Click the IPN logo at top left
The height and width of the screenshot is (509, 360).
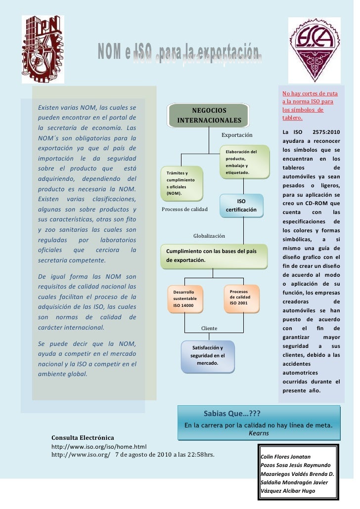42,48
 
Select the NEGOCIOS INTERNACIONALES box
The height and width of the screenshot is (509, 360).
209,115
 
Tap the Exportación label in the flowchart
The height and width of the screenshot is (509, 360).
237,135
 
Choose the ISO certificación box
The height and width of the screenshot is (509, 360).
241,206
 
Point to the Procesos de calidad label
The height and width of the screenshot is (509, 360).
185,210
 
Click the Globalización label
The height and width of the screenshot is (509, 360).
209,236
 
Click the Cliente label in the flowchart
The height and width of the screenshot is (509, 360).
209,328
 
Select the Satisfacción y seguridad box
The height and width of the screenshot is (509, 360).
207,355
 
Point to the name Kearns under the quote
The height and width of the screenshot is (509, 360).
259,433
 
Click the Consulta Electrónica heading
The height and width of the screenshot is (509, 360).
83,438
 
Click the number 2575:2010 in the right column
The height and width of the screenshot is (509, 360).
327,132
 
